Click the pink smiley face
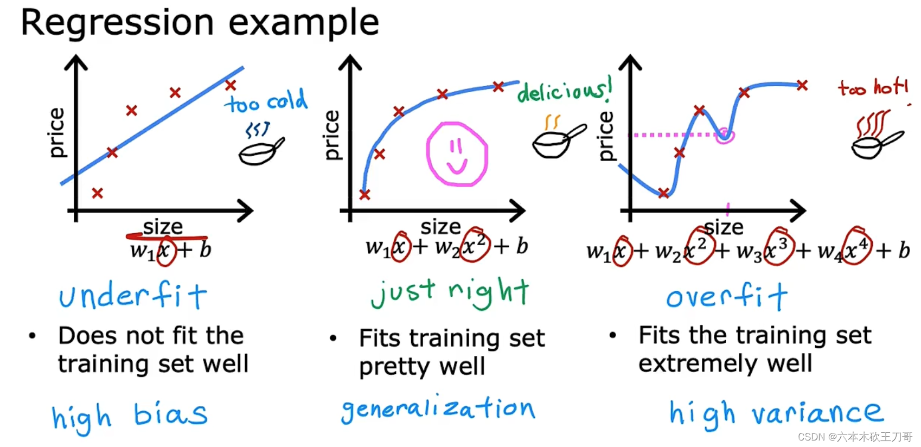click(457, 155)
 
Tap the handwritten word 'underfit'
click(133, 296)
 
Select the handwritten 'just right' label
click(450, 293)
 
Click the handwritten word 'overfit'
click(727, 297)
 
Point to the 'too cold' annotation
click(266, 102)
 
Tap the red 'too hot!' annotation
click(872, 87)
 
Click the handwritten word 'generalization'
click(438, 409)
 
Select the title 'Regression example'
click(200, 23)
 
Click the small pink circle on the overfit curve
click(724, 135)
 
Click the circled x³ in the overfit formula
click(777, 247)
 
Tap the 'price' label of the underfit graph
click(56, 133)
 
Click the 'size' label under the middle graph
click(440, 226)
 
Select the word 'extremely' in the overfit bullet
click(697, 363)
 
